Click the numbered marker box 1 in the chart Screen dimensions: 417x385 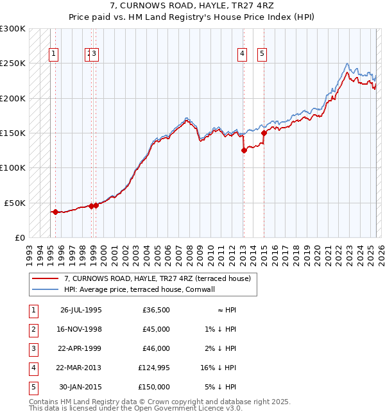tap(54, 55)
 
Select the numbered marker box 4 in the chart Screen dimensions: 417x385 tap(243, 55)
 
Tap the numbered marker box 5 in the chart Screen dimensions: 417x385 tap(262, 55)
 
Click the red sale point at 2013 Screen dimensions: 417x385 tap(244, 151)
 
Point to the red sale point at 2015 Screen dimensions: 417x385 tap(264, 133)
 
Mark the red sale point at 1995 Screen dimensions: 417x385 tap(55, 212)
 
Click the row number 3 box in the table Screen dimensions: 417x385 tap(32, 348)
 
